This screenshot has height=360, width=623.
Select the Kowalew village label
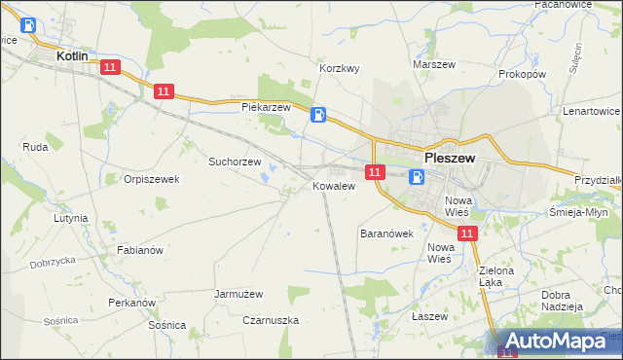331,185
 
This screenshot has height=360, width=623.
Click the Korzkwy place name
341,69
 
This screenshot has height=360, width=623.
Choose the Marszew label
434,64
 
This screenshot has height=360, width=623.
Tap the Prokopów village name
522,74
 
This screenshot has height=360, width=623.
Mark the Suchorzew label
235,162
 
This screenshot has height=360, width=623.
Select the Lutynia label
72,219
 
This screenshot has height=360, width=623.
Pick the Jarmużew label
239,292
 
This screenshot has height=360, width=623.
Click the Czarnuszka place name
272,319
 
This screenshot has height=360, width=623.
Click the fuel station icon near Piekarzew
318,115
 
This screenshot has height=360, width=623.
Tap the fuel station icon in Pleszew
417,177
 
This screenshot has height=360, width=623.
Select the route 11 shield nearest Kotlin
109,67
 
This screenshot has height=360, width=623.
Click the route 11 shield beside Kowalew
374,172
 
